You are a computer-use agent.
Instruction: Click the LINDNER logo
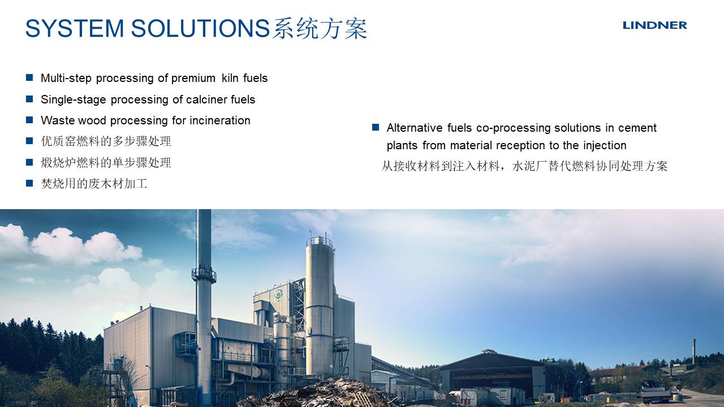coord(654,25)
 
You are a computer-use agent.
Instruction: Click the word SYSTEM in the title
coord(75,28)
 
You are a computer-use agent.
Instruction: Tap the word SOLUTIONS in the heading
coord(200,28)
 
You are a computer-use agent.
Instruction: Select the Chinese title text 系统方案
coord(320,28)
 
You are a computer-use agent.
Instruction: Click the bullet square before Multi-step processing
coord(29,77)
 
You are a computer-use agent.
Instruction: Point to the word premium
coord(193,79)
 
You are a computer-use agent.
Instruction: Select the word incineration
coord(220,120)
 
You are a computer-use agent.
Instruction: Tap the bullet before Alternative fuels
coord(376,127)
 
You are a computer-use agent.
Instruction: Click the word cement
coord(637,128)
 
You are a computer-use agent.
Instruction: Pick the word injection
coord(605,146)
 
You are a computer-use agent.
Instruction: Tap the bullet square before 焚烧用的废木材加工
coord(29,184)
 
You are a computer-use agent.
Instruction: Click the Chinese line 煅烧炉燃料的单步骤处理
coord(106,162)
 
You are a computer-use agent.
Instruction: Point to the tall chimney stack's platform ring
coord(204,275)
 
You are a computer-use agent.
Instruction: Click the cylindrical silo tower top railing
coord(320,241)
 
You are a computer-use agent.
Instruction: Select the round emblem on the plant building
coord(278,296)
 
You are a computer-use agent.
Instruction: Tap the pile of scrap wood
coord(323,393)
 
